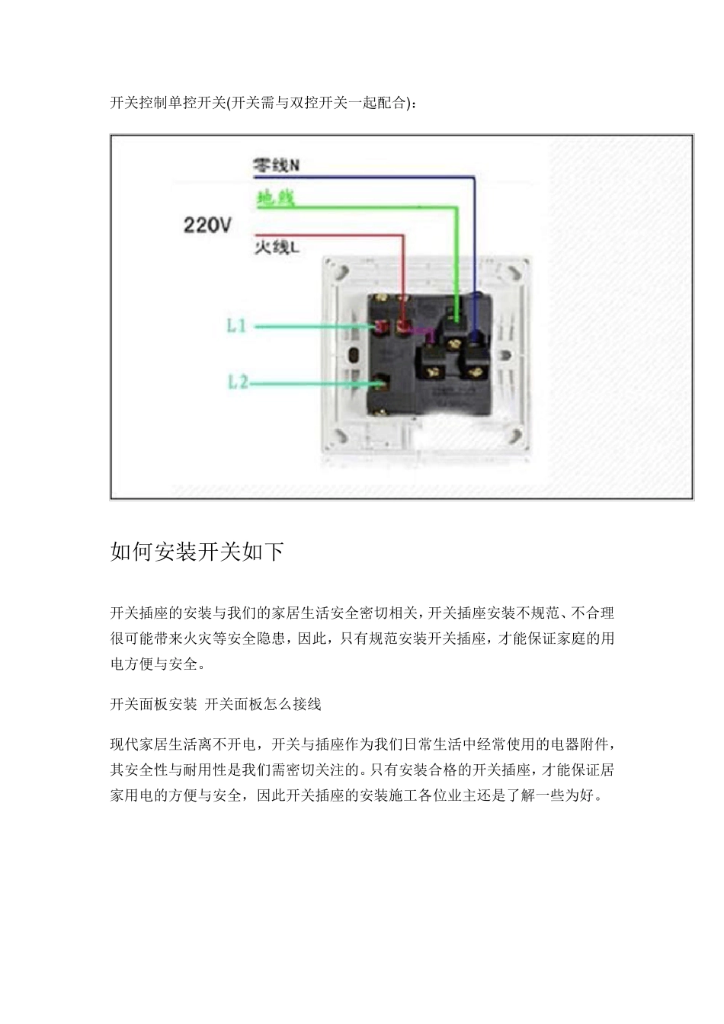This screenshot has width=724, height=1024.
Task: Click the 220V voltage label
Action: pos(207,226)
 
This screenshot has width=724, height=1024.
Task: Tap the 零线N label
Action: pos(276,165)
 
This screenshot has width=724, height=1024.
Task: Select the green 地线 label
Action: pos(275,200)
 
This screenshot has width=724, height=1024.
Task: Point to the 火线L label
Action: pos(276,247)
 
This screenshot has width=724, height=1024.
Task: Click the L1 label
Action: pos(236,326)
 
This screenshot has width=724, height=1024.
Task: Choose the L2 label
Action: pos(238,381)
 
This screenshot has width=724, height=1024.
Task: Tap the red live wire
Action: pos(328,235)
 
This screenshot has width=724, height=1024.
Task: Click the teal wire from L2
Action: pos(312,382)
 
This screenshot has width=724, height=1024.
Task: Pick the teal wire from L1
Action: pos(312,327)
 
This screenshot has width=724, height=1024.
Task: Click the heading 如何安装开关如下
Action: pos(197,552)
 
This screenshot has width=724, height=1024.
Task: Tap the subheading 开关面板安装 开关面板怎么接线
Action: pos(216,704)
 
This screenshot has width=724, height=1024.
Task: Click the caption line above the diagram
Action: pos(263,103)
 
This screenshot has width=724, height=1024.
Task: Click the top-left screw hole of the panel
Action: pos(339,270)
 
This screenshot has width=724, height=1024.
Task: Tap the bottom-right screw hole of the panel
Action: pos(521,440)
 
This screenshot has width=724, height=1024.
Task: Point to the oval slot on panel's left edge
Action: pos(353,356)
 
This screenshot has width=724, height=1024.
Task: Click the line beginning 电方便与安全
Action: pos(158,664)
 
